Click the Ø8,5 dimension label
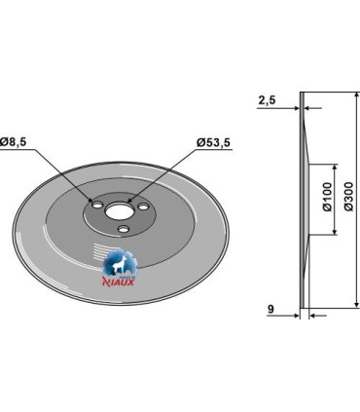click(14, 141)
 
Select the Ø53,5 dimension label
click(213, 142)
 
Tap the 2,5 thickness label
click(267, 100)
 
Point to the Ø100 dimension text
click(328, 197)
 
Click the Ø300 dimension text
click(348, 197)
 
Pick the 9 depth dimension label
click(270, 309)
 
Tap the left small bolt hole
click(97, 205)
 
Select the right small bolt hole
click(143, 206)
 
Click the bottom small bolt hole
click(123, 229)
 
